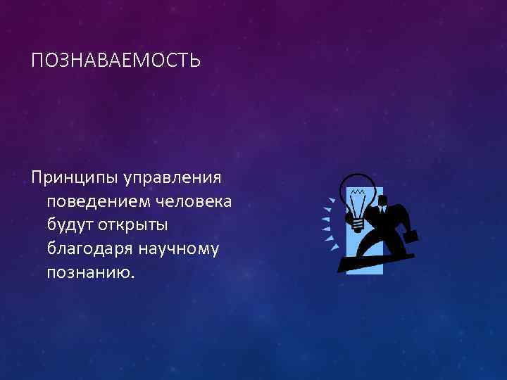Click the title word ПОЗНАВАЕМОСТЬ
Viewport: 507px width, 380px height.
116,62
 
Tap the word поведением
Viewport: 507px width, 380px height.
94,202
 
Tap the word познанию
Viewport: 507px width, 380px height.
89,272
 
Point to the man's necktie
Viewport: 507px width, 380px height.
382,208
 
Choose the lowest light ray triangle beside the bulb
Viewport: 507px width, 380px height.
335,247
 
